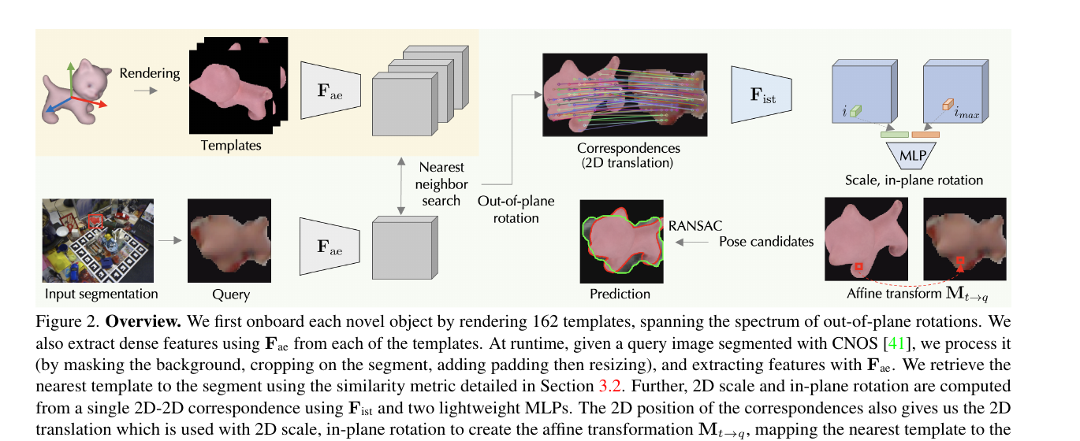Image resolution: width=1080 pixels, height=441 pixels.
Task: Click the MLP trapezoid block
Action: point(911,155)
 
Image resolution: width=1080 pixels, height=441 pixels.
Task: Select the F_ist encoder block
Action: point(762,94)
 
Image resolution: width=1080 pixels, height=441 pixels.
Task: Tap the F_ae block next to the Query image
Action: point(330,246)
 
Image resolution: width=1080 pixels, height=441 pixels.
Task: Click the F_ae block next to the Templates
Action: point(330,90)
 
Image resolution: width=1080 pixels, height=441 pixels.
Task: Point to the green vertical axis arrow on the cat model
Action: point(71,80)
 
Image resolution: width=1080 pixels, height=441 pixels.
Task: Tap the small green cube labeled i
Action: point(855,111)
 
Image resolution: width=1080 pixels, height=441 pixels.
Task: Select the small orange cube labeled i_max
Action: point(948,105)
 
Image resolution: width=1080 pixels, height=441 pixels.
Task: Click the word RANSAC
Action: point(695,226)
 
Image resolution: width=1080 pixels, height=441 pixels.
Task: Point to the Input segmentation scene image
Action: point(98,241)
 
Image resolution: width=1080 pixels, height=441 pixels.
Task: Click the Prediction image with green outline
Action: point(621,242)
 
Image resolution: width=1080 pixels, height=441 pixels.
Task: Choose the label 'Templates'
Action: point(231,146)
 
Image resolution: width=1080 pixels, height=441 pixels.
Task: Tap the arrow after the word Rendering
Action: point(146,91)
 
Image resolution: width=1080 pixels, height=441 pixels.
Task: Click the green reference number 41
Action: point(896,343)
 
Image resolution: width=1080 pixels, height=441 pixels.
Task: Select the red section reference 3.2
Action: point(609,386)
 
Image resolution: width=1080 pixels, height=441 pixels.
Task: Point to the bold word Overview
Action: point(143,321)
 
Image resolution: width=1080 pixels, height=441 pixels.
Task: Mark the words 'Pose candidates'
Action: point(766,241)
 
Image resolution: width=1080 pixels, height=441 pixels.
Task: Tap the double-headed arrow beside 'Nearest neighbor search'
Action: point(401,186)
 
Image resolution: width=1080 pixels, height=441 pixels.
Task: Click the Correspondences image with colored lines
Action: point(625,94)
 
